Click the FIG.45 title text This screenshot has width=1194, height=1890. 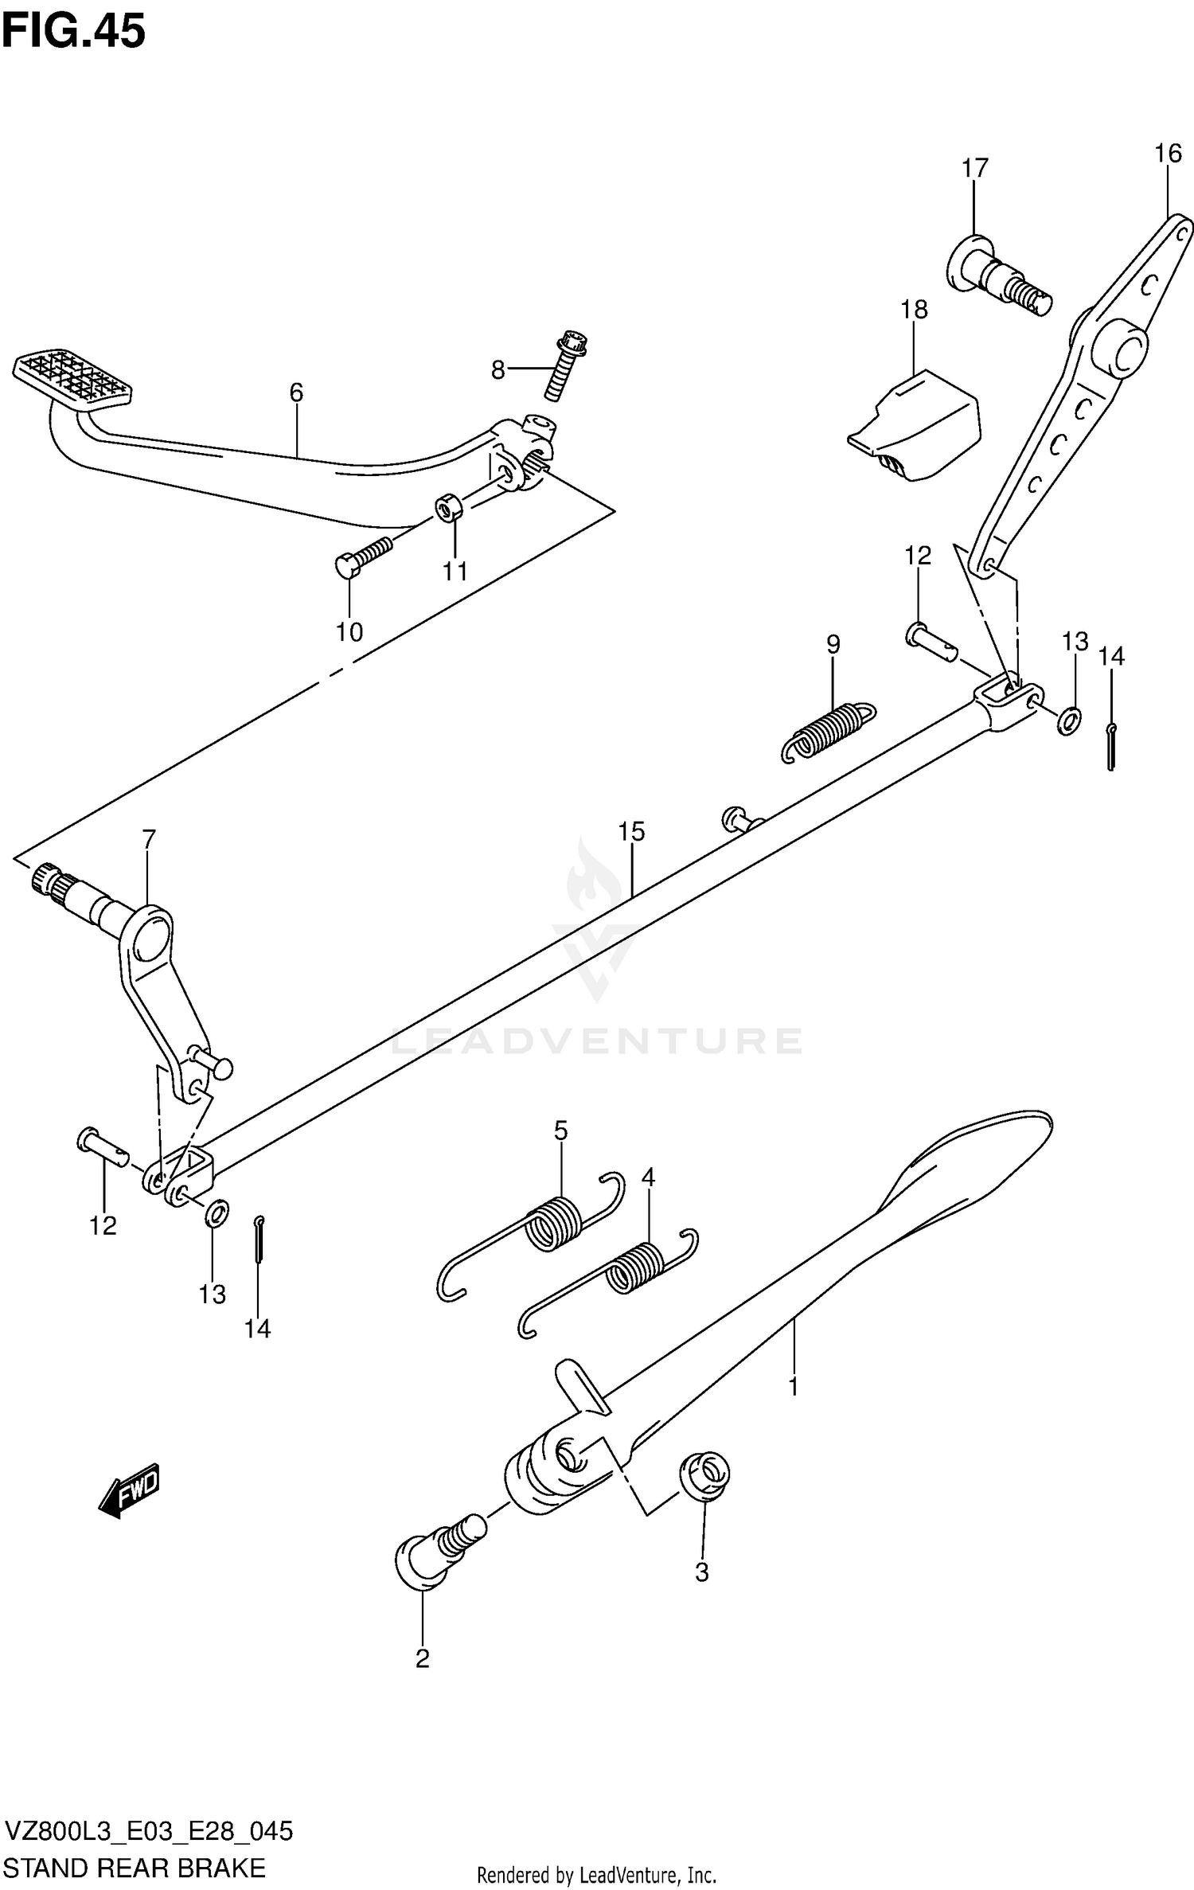coord(73,32)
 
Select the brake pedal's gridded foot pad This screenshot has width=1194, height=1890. coord(72,379)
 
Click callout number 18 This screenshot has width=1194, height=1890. coord(914,310)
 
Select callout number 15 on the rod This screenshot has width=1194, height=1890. coord(631,832)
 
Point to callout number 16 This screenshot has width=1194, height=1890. coord(1168,154)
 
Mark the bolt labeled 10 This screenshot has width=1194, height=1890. coord(362,556)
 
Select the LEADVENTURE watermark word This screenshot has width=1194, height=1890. coord(597,1041)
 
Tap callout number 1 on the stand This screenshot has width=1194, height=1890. coord(793,1386)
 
